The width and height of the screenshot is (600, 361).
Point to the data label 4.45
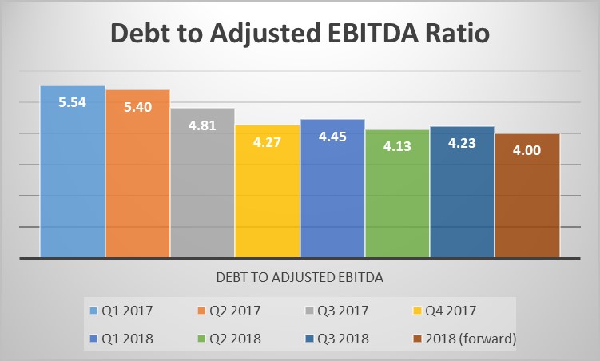332,137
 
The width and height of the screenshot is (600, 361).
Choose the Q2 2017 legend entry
232,310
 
